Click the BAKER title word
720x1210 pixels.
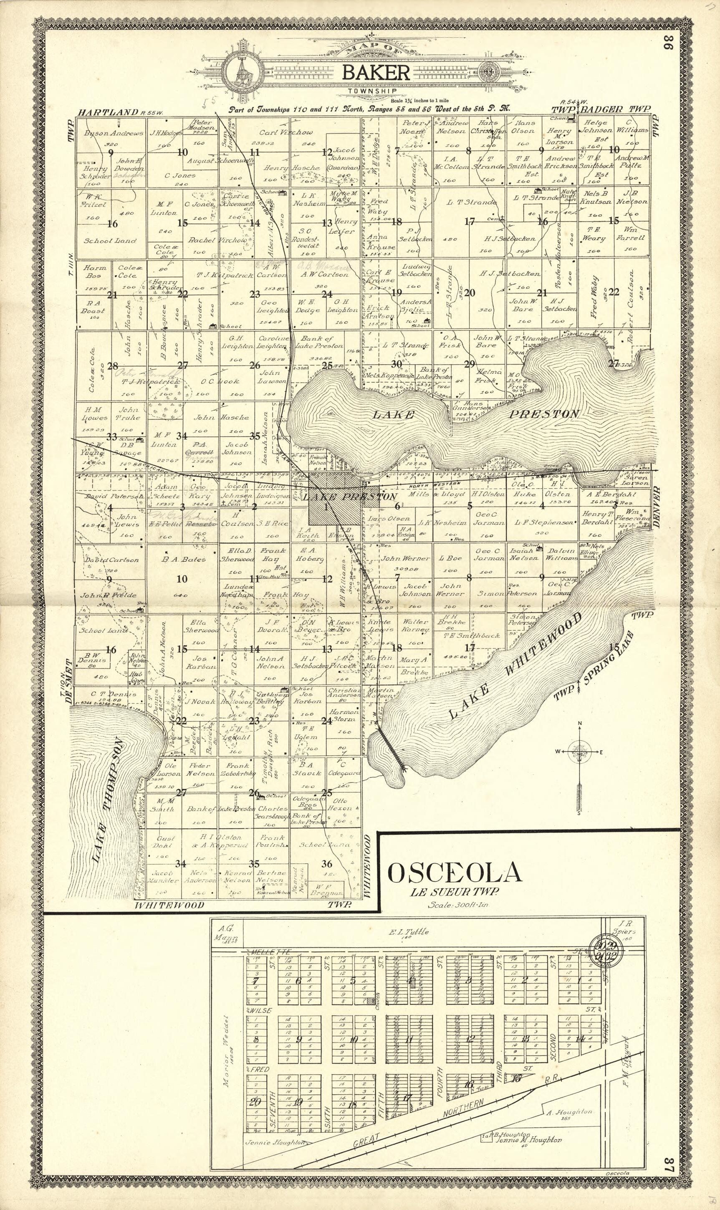[376, 73]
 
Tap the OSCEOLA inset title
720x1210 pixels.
[455, 873]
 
